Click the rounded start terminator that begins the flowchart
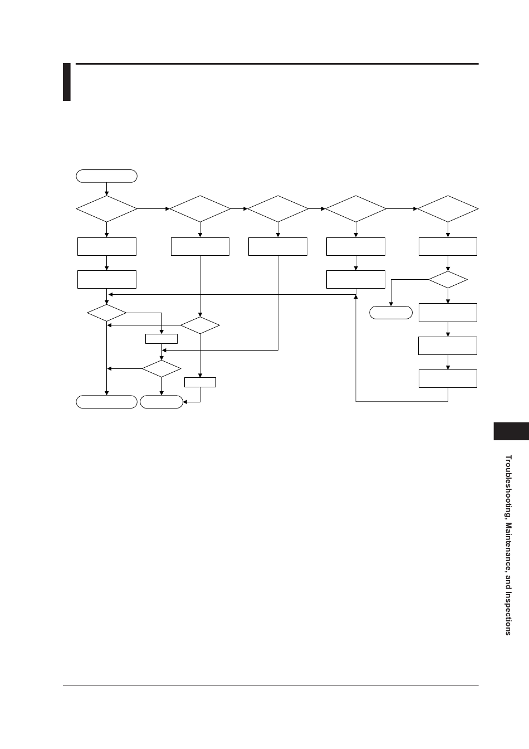click(106, 176)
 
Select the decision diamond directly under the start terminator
click(106, 209)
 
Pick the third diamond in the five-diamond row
click(277, 209)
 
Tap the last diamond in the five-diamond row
click(448, 209)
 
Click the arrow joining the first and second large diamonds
click(153, 209)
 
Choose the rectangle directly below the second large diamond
click(200, 246)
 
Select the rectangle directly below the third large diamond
click(277, 246)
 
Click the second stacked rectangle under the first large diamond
click(106, 279)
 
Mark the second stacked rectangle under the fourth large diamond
click(355, 279)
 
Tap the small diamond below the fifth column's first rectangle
click(448, 280)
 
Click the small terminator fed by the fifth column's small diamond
click(391, 313)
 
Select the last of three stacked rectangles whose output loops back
click(448, 378)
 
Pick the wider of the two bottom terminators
click(106, 402)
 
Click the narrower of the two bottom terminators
click(161, 402)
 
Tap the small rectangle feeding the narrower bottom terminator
click(200, 382)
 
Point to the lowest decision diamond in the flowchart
click(161, 368)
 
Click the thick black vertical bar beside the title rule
click(67, 82)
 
